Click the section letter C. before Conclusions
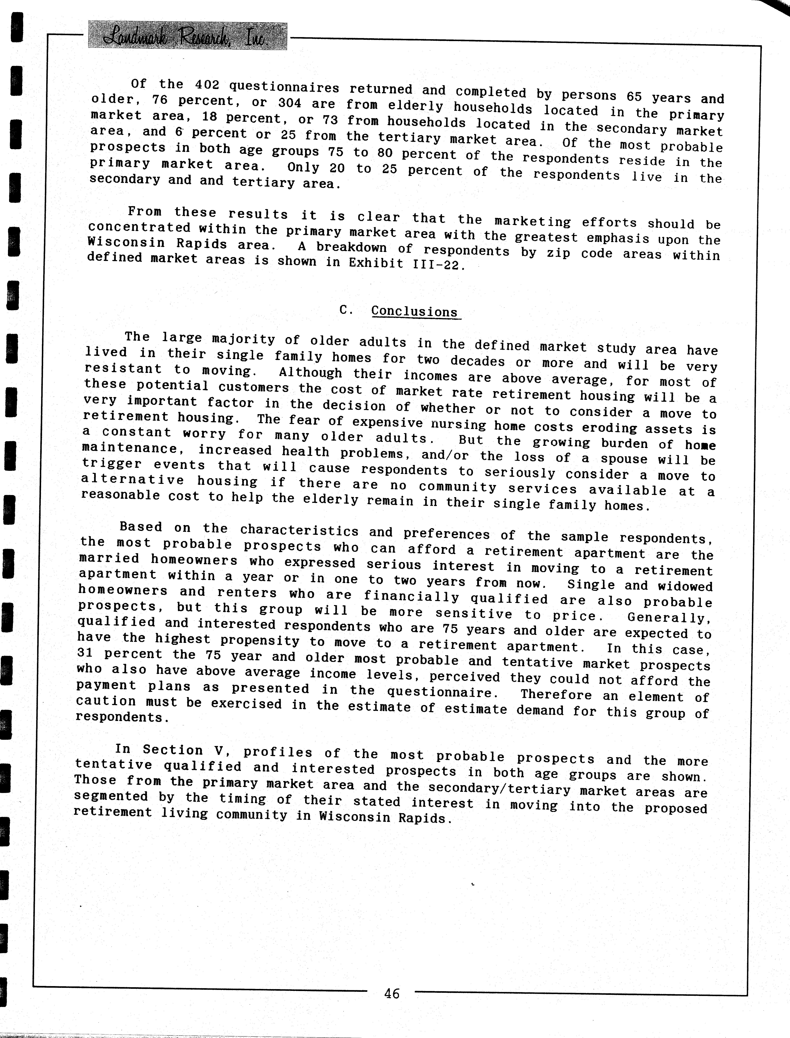346,310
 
